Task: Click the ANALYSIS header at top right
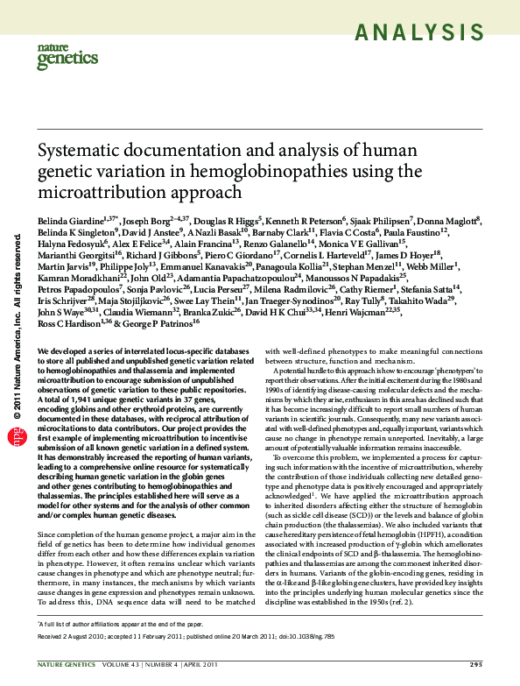pos(425,34)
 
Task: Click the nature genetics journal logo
pos(62,57)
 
